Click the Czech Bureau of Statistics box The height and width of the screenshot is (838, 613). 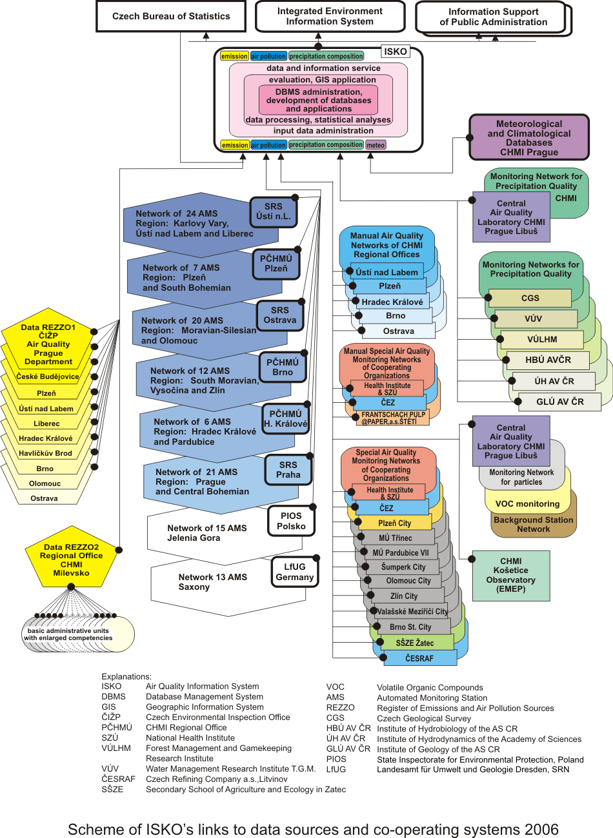coord(171,16)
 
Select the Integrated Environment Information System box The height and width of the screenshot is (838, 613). coord(330,16)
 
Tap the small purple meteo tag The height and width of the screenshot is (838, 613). coord(376,145)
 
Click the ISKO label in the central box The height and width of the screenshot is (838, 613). coord(396,52)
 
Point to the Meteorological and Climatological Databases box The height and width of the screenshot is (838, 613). coord(529,137)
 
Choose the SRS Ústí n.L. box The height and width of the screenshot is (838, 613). coord(273,211)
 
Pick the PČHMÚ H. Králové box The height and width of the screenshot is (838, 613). coord(285,419)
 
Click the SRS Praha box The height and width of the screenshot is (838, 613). coord(288,469)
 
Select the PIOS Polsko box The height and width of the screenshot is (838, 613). coord(291,521)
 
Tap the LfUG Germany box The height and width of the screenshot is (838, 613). coord(294,572)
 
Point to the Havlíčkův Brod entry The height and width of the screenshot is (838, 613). coord(46,453)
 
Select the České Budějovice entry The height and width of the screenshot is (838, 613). coord(48,376)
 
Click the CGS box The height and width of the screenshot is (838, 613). coord(530,298)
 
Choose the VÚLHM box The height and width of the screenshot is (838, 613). coord(541,339)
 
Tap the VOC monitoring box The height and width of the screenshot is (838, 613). coord(527,503)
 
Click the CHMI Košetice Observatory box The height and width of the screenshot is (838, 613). coord(510,575)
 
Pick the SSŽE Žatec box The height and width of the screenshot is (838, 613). coord(415,643)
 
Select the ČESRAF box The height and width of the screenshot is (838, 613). coord(419,658)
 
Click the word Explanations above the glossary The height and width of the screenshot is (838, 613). coord(126,676)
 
